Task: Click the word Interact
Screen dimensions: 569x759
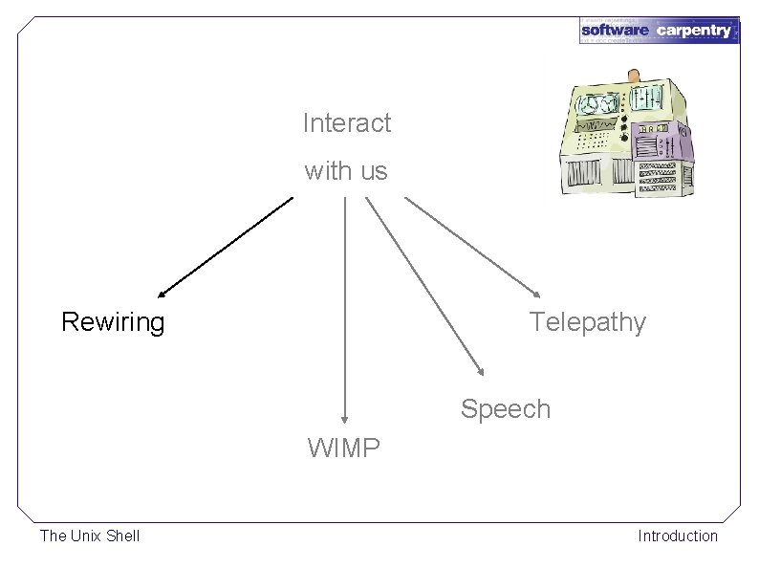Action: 347,123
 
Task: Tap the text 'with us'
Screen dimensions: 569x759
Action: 346,171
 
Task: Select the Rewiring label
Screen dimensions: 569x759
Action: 113,322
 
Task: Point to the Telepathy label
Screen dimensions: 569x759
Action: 588,322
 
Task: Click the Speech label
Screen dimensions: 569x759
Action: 506,409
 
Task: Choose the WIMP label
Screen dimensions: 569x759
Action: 344,448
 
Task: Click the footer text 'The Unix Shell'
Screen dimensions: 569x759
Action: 90,536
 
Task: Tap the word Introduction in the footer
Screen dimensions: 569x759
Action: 678,536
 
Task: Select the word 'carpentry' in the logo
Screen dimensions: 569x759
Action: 694,32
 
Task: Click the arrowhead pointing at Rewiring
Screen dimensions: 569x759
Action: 163,293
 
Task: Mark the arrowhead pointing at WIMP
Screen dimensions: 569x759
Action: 344,417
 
